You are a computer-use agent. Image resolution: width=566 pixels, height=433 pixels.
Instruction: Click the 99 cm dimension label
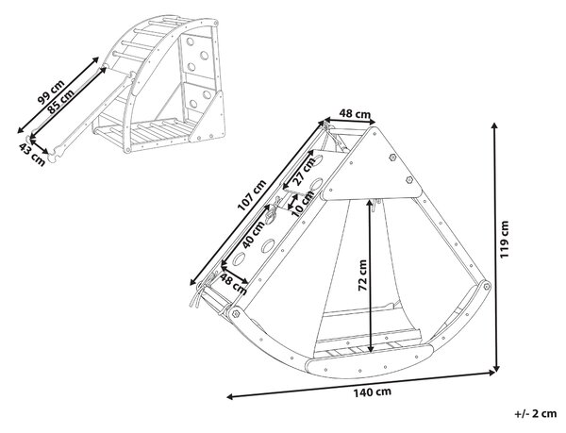[51, 92]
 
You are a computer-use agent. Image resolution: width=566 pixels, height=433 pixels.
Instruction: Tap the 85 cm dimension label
[61, 101]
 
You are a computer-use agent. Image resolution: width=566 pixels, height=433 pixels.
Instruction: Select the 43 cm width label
[32, 155]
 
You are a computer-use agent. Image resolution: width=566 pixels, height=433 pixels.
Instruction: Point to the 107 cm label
[252, 195]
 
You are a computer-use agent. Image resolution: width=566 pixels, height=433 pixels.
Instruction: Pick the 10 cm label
[303, 204]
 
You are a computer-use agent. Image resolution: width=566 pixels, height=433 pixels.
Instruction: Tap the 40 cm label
[254, 235]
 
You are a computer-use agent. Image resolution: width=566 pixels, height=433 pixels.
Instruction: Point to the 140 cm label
[373, 392]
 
